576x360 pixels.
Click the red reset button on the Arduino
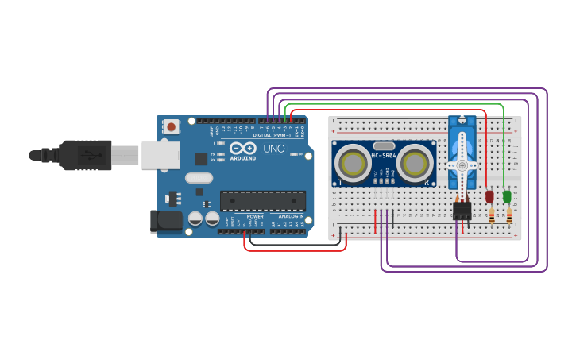tap(171, 126)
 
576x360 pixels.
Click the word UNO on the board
tap(273, 149)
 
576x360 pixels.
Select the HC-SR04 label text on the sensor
tap(384, 155)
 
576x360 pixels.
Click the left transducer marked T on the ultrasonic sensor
tap(352, 164)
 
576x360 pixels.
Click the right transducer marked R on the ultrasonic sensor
tap(415, 163)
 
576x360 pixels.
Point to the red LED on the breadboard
tap(489, 195)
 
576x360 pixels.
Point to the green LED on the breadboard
tap(507, 195)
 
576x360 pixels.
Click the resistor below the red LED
tap(492, 215)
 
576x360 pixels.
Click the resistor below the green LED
tap(509, 215)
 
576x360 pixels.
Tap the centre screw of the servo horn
tap(462, 165)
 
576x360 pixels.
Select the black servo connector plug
tap(462, 210)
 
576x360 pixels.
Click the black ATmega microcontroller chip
tap(262, 201)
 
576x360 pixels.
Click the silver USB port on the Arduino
tap(160, 155)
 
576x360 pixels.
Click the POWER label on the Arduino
tap(255, 216)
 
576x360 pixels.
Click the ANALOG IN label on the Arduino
tap(291, 216)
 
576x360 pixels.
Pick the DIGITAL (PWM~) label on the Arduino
tap(271, 135)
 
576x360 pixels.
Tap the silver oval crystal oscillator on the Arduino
tap(199, 178)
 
